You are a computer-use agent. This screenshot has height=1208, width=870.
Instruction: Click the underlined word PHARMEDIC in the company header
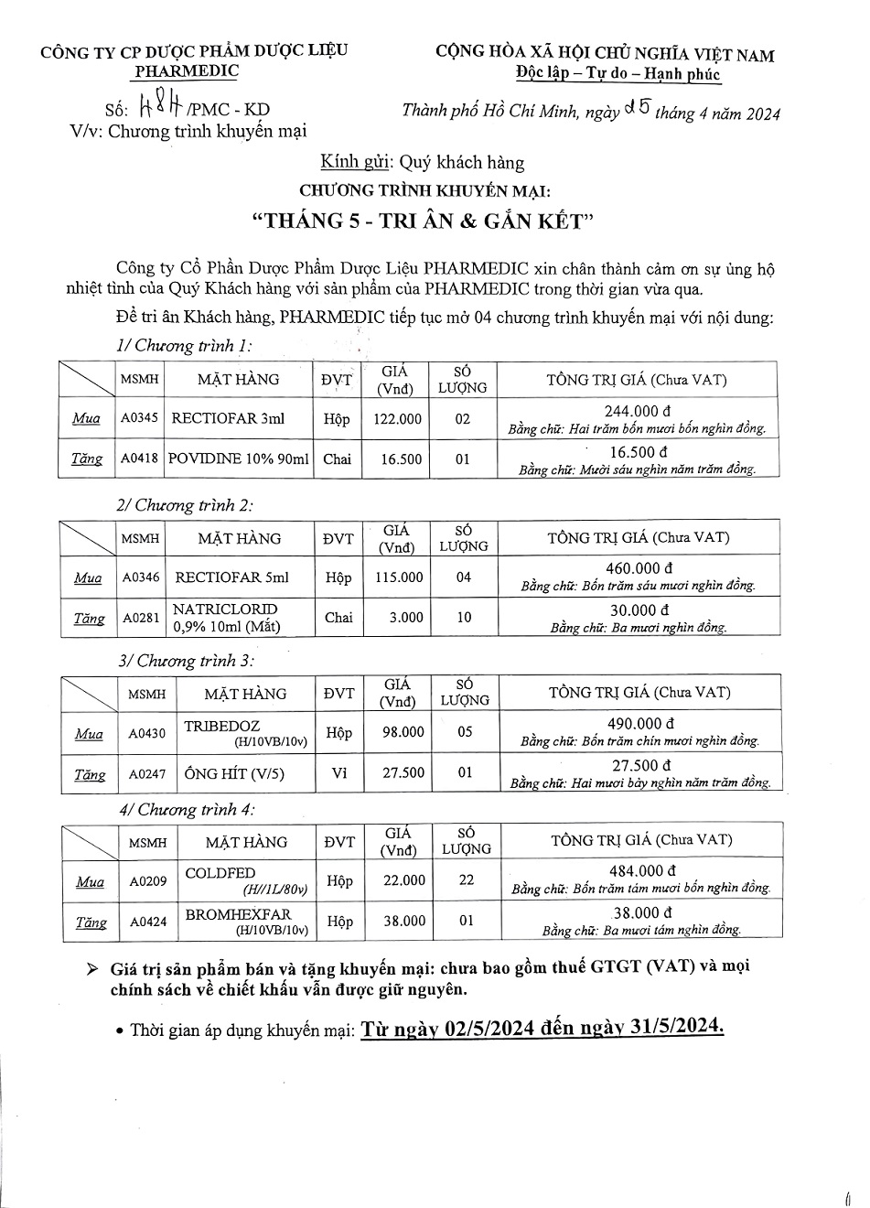(x=186, y=71)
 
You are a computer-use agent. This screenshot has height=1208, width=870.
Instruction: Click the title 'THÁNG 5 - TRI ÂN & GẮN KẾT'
(x=423, y=221)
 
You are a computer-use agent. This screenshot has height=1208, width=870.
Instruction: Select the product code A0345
(x=140, y=418)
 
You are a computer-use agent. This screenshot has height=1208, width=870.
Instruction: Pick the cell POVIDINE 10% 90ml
(x=239, y=459)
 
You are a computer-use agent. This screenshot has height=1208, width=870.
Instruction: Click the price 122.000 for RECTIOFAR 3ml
(x=398, y=418)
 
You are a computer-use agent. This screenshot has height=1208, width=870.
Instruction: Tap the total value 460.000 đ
(x=639, y=568)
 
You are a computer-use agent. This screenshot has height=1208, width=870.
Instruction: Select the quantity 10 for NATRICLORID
(x=464, y=618)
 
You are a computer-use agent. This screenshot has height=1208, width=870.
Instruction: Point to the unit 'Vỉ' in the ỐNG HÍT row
(x=339, y=773)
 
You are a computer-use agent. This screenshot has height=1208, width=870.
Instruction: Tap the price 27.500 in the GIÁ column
(x=403, y=773)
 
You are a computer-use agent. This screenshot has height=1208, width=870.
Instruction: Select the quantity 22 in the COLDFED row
(x=467, y=880)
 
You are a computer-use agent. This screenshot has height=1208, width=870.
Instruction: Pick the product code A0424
(x=148, y=922)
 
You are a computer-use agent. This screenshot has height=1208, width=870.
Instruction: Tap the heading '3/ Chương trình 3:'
(x=187, y=660)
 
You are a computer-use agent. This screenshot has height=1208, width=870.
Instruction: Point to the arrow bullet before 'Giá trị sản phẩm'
(x=91, y=968)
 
